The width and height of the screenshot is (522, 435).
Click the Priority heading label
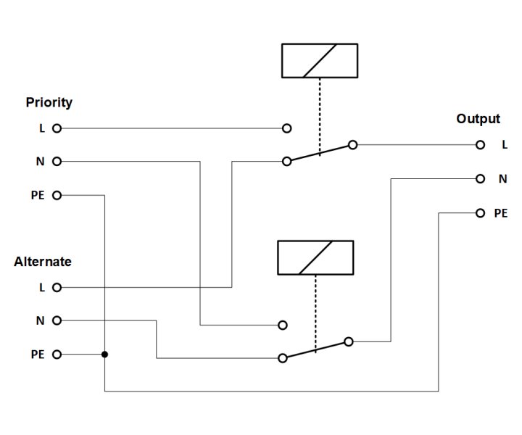49,102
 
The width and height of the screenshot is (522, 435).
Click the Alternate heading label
43,262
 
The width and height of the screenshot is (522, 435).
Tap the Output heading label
478,119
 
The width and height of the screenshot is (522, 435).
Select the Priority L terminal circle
57,128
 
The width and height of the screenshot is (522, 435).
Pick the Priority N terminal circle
57,161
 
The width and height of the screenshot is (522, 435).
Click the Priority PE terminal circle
57,195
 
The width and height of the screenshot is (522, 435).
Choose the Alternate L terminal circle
57,287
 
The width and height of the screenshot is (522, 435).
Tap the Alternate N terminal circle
57,320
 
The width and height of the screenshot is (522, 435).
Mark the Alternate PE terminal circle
57,355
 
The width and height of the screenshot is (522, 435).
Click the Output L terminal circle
480,145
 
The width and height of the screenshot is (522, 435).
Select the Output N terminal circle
480,178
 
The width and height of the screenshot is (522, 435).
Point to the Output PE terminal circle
480,213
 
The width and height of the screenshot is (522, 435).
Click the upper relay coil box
319,60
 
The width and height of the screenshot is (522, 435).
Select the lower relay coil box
315,257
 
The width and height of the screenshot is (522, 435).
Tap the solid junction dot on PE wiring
105,355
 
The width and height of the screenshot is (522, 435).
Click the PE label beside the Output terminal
501,213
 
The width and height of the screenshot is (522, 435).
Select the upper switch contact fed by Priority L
287,128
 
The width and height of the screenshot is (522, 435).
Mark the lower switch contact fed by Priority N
283,326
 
